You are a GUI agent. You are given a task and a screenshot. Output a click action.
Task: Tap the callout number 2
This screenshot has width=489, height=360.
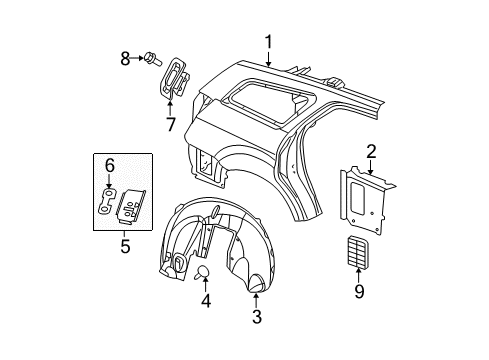click(x=370, y=152)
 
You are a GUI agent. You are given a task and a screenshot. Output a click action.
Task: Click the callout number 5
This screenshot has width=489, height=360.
click(x=124, y=242)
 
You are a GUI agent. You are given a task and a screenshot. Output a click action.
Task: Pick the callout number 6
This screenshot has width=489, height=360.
click(x=111, y=164)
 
